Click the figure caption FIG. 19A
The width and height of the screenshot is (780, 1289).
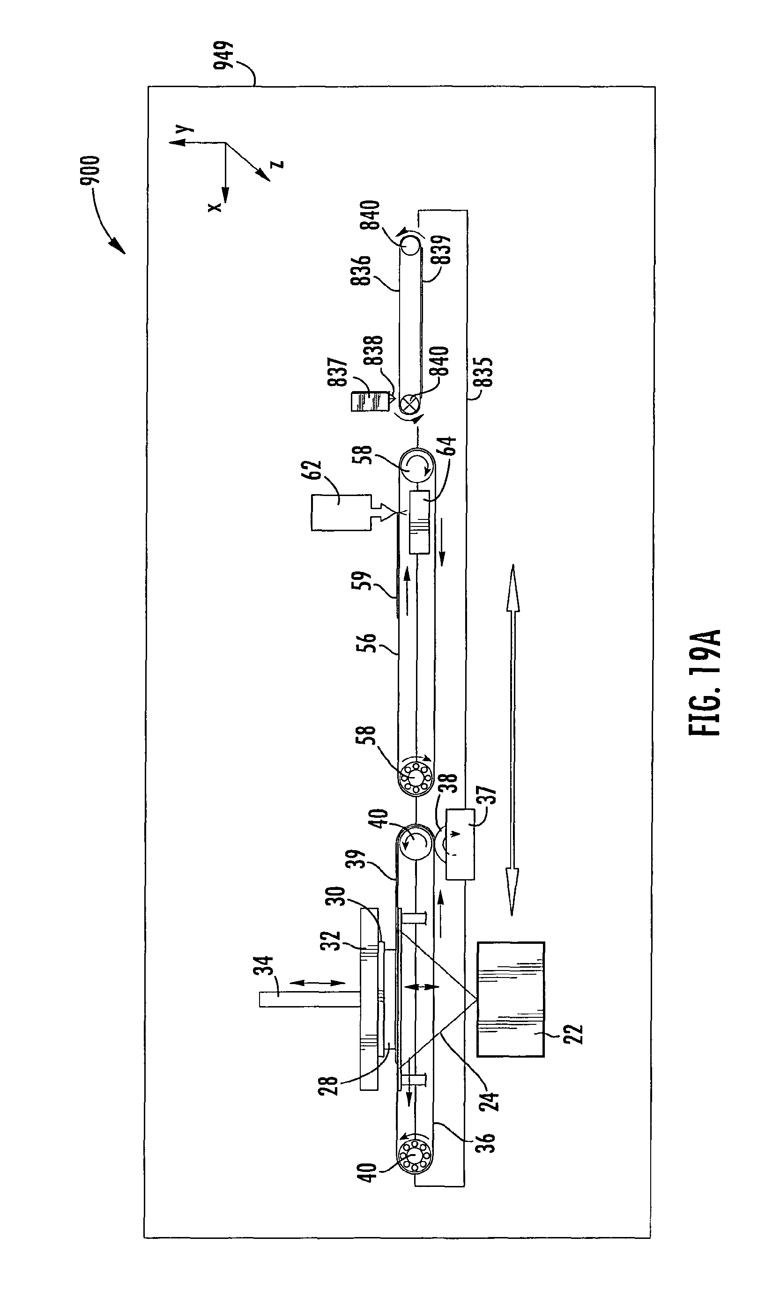click(x=705, y=683)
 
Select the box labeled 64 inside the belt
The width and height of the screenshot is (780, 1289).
click(x=419, y=522)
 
